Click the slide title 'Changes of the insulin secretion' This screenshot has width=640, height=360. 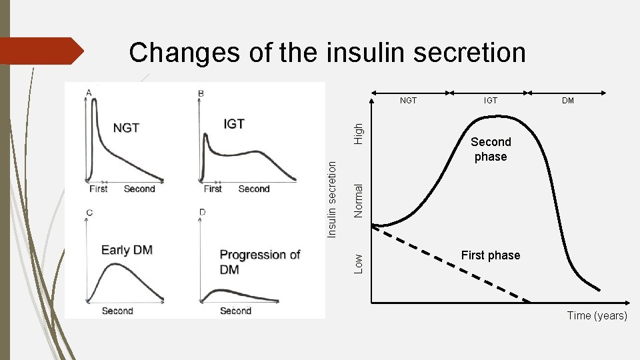tap(327, 52)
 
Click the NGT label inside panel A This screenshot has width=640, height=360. tap(125, 127)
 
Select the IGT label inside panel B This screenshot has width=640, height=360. tap(233, 124)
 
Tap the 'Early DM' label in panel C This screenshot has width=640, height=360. tap(127, 250)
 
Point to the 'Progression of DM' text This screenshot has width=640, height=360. tap(259, 262)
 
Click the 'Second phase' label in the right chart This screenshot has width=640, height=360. tap(491, 149)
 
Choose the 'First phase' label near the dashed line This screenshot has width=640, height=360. tap(490, 255)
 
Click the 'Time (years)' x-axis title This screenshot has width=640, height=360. tap(597, 315)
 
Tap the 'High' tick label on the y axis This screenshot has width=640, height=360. tap(359, 131)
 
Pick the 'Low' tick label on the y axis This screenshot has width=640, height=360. tap(359, 262)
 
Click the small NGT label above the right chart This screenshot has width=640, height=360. tap(408, 101)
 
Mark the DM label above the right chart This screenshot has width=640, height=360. tap(568, 101)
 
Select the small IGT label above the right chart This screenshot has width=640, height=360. tap(490, 101)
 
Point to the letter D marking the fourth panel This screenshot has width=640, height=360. tap(202, 212)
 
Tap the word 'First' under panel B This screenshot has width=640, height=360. tap(213, 189)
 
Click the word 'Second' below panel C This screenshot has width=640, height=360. tap(117, 311)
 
